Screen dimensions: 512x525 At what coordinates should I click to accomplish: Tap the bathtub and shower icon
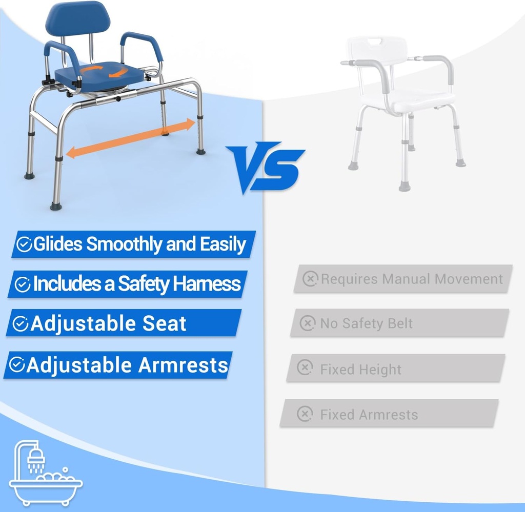[45, 472]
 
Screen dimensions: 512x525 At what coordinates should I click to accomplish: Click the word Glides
[58, 244]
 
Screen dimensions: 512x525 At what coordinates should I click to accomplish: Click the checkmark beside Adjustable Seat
[20, 324]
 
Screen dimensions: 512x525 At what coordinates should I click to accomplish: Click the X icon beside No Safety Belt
[307, 323]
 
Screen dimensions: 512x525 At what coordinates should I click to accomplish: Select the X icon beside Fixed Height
[305, 368]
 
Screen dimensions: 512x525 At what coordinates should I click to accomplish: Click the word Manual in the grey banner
[406, 279]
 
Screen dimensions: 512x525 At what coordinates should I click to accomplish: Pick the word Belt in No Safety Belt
[399, 323]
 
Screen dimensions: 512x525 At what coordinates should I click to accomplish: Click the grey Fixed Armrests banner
[389, 414]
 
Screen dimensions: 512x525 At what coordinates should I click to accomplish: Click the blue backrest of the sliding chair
[77, 19]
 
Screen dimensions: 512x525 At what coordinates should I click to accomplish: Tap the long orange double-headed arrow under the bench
[131, 137]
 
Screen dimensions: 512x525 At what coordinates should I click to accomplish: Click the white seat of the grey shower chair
[420, 101]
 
